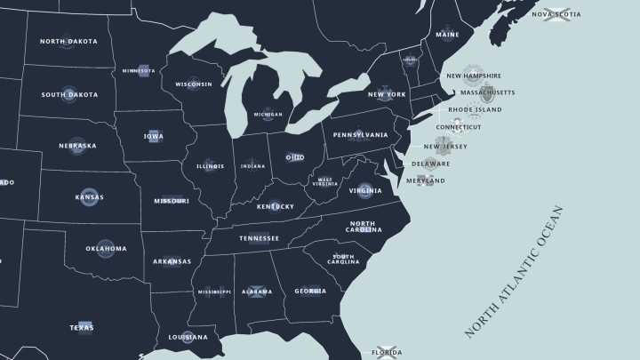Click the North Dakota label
[68, 42]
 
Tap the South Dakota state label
[69, 95]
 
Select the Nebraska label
[76, 146]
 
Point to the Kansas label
[89, 197]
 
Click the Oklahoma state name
[106, 249]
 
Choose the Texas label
[82, 328]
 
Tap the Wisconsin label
[193, 84]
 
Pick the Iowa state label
[153, 136]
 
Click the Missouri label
[171, 201]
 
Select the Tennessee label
[259, 238]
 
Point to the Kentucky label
[275, 206]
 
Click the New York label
[387, 94]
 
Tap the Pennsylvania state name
[360, 135]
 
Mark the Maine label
[447, 36]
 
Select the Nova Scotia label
[556, 14]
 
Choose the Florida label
[387, 353]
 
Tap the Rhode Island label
[475, 110]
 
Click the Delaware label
[430, 164]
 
